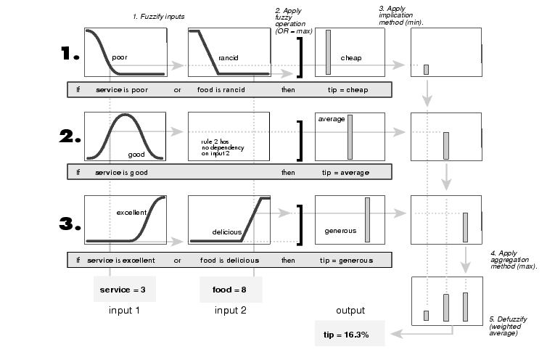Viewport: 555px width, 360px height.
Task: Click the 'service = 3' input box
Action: [124, 289]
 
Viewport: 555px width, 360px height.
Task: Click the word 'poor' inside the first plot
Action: [120, 56]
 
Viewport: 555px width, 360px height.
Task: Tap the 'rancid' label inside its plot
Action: [229, 57]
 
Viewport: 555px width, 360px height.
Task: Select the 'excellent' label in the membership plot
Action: [132, 212]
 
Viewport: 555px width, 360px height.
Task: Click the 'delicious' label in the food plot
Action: [226, 232]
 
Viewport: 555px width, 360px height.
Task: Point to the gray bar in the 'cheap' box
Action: [329, 52]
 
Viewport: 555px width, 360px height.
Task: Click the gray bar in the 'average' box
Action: [350, 136]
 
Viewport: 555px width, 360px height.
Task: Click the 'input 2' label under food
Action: [230, 310]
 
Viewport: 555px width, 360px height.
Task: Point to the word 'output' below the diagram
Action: [350, 310]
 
